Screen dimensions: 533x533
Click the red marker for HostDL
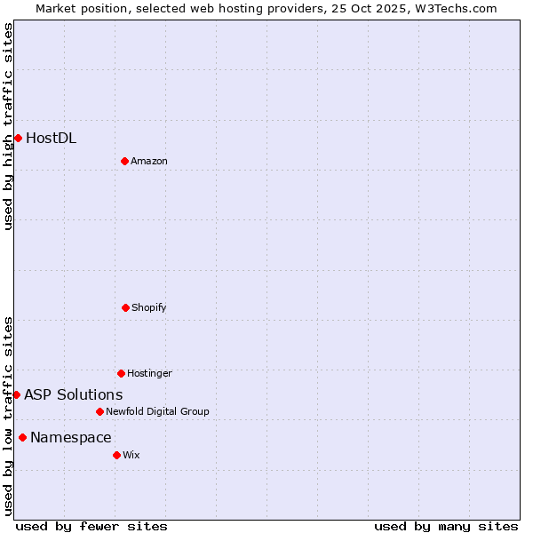click(x=18, y=138)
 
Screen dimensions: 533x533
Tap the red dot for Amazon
click(x=124, y=161)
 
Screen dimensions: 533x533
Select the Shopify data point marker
click(x=125, y=307)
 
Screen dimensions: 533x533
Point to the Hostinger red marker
click(x=121, y=373)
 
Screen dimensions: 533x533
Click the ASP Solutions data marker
click(x=16, y=394)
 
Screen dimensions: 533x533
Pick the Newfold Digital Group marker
click(x=99, y=411)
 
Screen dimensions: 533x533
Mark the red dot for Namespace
click(x=22, y=437)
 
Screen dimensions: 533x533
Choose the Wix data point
click(x=116, y=455)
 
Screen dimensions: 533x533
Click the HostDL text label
click(x=51, y=138)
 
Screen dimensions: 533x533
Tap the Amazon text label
click(x=149, y=161)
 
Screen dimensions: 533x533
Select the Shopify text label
click(x=149, y=307)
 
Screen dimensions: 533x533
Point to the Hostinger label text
click(x=149, y=373)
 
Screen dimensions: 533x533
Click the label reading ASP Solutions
click(x=73, y=394)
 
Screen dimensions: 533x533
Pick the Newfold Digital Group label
click(x=157, y=411)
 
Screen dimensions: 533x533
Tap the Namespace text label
click(x=70, y=437)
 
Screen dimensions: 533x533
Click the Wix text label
click(x=131, y=455)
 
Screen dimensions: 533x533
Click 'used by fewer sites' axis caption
click(x=91, y=526)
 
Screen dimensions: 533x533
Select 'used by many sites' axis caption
click(x=446, y=526)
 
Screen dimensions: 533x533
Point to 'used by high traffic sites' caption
click(x=8, y=126)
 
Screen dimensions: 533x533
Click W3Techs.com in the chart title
click(x=452, y=8)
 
